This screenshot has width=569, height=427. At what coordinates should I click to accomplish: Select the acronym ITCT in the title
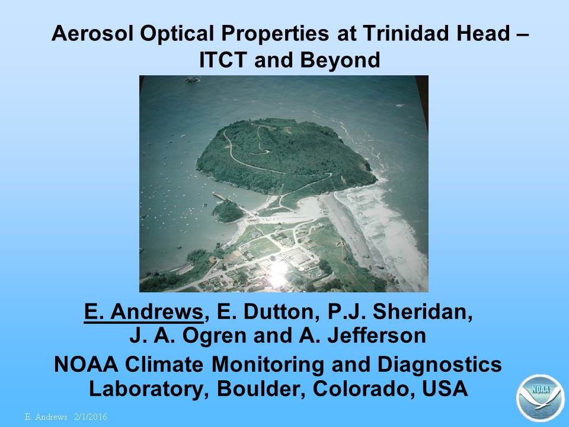pyautogui.click(x=223, y=60)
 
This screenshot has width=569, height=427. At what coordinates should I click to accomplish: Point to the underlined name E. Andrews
pyautogui.click(x=143, y=311)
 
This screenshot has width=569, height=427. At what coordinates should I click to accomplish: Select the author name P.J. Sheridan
pyautogui.click(x=400, y=311)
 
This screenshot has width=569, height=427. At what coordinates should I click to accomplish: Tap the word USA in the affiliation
pyautogui.click(x=445, y=388)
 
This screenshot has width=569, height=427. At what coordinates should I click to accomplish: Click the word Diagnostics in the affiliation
pyautogui.click(x=439, y=365)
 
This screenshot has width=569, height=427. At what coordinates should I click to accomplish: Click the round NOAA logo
pyautogui.click(x=541, y=397)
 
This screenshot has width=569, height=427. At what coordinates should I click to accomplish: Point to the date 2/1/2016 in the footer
pyautogui.click(x=90, y=416)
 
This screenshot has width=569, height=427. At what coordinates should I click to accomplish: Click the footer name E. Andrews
pyautogui.click(x=46, y=416)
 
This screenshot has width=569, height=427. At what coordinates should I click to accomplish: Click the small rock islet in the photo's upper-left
pyautogui.click(x=192, y=79)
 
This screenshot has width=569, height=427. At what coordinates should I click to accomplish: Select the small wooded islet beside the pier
pyautogui.click(x=228, y=211)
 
